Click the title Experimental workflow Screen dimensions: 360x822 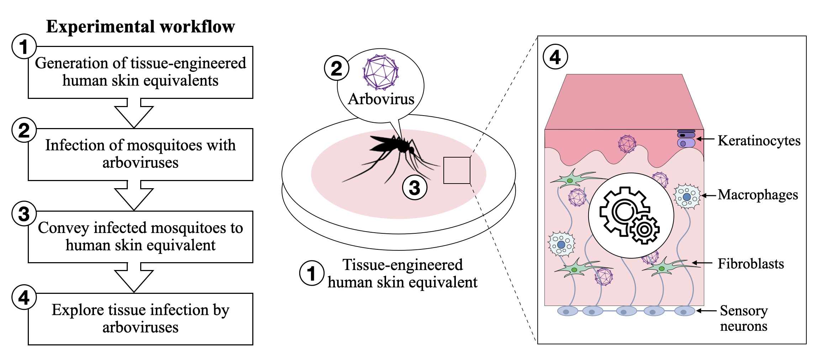(141, 27)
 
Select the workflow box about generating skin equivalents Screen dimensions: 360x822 (141, 72)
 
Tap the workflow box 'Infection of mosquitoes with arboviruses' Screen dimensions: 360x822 (141, 154)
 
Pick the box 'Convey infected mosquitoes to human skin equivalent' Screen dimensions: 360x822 (141, 237)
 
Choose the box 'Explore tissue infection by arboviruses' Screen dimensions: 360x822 (141, 319)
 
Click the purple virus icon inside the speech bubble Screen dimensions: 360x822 (381, 72)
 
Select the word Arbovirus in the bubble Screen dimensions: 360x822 (381, 99)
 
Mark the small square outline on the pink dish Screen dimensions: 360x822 (457, 170)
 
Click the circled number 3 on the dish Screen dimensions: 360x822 (415, 187)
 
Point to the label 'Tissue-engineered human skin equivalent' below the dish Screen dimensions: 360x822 (402, 274)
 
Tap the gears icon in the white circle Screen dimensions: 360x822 (631, 215)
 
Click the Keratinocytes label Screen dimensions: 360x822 (759, 141)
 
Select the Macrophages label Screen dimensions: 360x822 (758, 195)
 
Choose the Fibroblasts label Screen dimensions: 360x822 (751, 264)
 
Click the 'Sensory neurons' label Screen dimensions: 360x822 (744, 318)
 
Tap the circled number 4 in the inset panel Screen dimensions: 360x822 (555, 57)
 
